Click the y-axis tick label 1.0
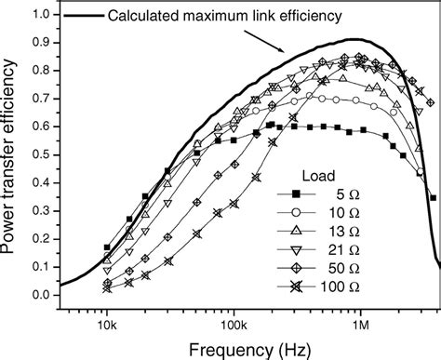tap(40, 15)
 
